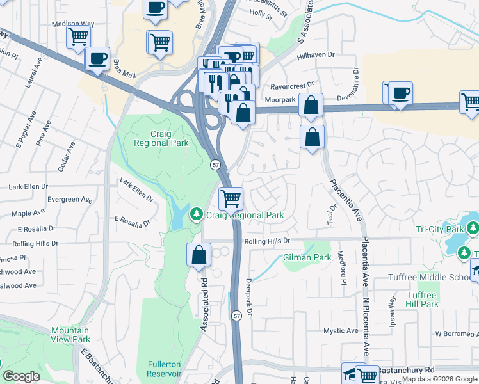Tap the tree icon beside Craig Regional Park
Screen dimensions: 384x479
pos(199,212)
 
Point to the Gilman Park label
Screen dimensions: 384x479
pos(307,257)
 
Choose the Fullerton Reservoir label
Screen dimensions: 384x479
pos(163,369)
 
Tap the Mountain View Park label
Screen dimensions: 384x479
pos(70,335)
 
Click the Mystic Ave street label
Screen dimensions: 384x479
pos(340,331)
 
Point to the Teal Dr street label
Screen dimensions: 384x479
pos(332,216)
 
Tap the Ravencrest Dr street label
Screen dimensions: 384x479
pos(292,84)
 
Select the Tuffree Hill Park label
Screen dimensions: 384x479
pos(422,300)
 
